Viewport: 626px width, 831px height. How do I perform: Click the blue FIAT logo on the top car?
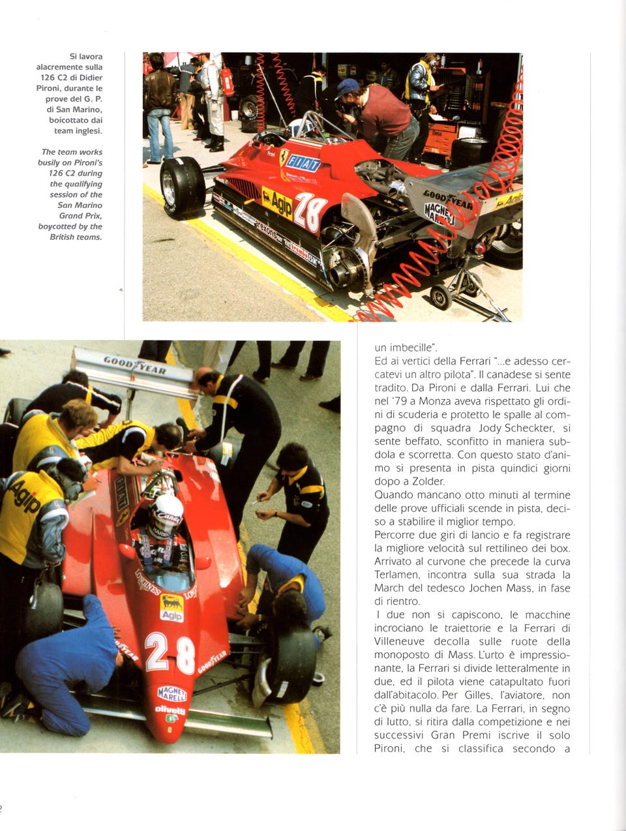pyautogui.click(x=303, y=162)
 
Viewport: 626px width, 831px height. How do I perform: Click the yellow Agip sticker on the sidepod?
pyautogui.click(x=277, y=202)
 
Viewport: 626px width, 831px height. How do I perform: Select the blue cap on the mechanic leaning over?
pyautogui.click(x=347, y=86)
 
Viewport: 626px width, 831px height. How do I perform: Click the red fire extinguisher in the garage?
pyautogui.click(x=228, y=82)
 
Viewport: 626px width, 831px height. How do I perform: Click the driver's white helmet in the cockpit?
pyautogui.click(x=166, y=522)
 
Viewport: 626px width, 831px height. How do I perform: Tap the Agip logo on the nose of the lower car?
pyautogui.click(x=171, y=607)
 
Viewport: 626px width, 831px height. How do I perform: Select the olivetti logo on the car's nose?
pyautogui.click(x=170, y=710)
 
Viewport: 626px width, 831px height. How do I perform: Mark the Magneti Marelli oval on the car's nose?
pyautogui.click(x=171, y=693)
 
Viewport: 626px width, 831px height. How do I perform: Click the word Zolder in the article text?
pyautogui.click(x=427, y=481)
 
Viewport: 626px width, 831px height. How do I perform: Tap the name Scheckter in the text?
pyautogui.click(x=526, y=428)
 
